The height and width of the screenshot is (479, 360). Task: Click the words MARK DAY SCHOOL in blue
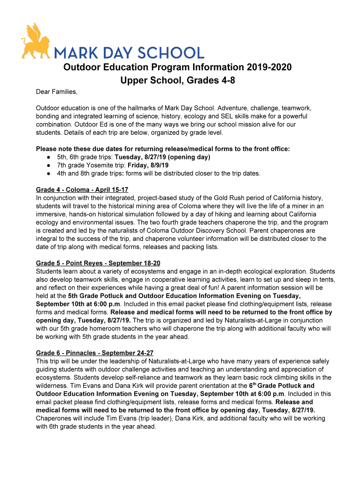129,52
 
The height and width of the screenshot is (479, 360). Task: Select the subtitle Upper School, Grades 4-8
177,80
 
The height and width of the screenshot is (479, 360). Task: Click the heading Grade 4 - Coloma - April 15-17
82,190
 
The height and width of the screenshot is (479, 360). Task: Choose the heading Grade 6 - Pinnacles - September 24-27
95,353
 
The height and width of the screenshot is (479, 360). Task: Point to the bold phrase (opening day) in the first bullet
189,157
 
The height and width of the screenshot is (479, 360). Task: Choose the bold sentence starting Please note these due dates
163,149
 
